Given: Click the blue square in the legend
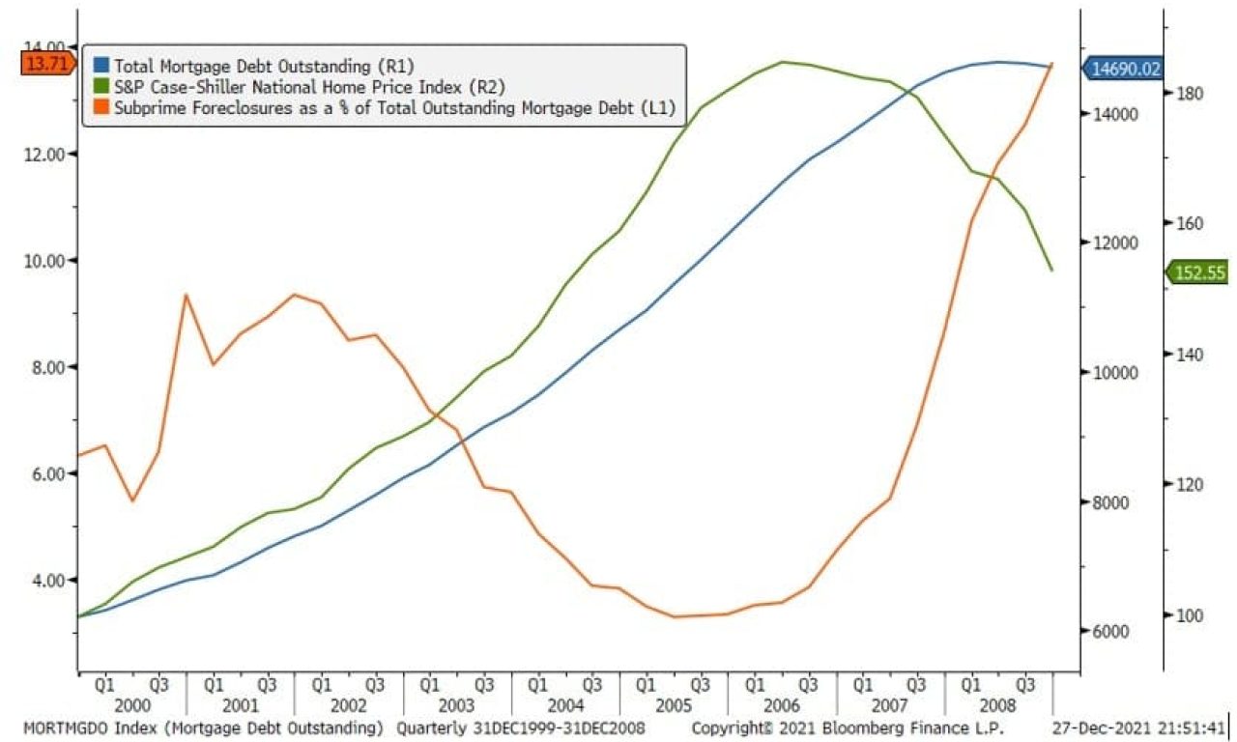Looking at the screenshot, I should (100, 66).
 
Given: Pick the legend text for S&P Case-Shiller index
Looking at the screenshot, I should (309, 87).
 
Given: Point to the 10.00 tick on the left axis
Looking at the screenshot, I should (43, 260).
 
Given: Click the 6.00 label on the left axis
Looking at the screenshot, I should (43, 473).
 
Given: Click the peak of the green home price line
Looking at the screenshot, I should (782, 62).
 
